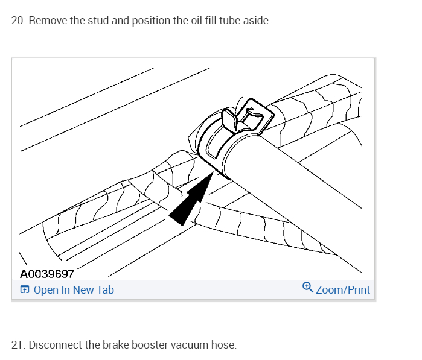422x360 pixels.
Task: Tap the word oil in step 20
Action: [181, 21]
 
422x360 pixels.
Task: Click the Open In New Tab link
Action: [74, 290]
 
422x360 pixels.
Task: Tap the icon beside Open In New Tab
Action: [24, 290]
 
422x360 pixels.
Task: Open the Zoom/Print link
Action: [342, 290]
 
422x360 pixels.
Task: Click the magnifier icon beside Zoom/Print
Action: [307, 289]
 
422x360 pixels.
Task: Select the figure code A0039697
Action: [46, 274]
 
